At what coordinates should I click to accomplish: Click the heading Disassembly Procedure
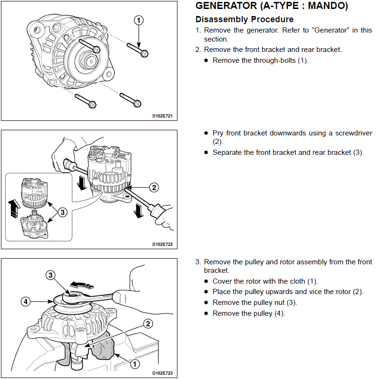tap(244, 19)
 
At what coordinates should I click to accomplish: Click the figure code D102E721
tap(162, 115)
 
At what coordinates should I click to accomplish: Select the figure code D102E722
tap(162, 244)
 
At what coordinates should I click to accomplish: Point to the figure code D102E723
tap(162, 373)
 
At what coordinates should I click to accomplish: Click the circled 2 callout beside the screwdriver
tap(154, 187)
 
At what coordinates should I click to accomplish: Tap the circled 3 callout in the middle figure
tap(62, 212)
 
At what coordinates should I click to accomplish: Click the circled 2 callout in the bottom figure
tap(148, 324)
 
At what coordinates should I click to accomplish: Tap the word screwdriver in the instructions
tap(349, 133)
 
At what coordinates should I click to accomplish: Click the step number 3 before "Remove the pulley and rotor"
tap(198, 262)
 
